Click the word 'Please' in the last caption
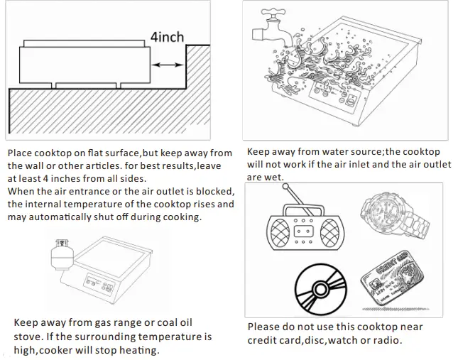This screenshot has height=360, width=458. (264, 327)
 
